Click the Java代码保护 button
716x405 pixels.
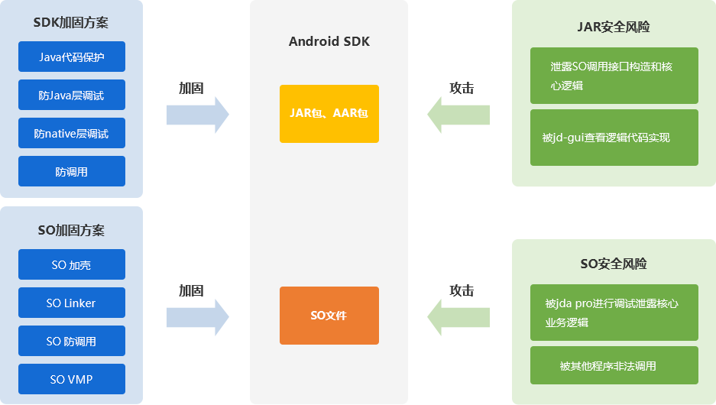(71, 57)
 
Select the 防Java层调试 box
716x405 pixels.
(71, 95)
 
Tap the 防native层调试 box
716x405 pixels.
(71, 133)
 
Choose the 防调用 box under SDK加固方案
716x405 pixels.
(71, 171)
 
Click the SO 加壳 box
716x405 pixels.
(71, 264)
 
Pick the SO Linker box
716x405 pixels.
(71, 303)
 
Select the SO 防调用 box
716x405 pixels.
(71, 341)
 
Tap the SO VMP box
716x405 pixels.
(71, 379)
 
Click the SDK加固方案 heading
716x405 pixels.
(71, 22)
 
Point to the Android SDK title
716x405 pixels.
(329, 41)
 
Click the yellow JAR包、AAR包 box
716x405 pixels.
(329, 113)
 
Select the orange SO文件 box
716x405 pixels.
(329, 315)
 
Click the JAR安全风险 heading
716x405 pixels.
(614, 28)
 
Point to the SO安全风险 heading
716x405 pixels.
(614, 264)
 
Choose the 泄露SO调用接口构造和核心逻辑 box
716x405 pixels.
(614, 75)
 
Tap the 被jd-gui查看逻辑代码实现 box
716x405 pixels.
(614, 138)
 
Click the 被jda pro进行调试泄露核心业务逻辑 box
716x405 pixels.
(614, 313)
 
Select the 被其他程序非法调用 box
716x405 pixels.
(614, 365)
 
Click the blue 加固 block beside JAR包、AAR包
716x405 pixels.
(197, 114)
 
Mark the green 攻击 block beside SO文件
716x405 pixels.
(458, 316)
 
